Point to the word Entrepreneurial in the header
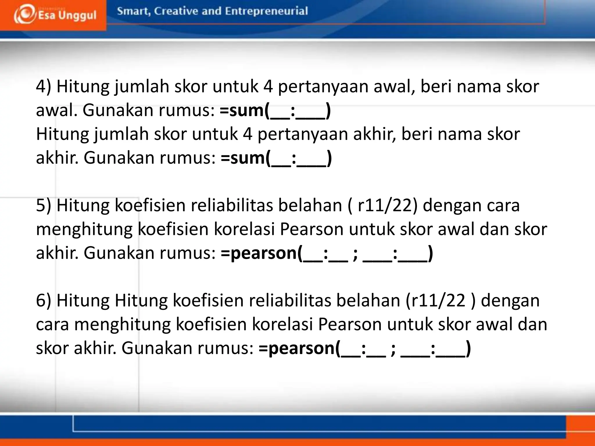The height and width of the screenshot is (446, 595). [x=266, y=11]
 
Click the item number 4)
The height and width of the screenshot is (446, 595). [x=44, y=87]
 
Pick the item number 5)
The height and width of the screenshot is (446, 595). [x=44, y=206]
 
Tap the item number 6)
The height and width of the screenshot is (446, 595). [x=44, y=301]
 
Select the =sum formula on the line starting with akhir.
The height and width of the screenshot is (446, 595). [x=276, y=158]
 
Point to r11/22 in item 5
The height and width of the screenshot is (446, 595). [x=385, y=206]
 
